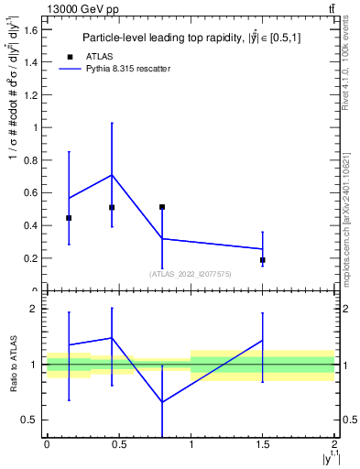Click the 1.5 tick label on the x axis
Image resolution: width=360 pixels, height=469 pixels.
(262, 445)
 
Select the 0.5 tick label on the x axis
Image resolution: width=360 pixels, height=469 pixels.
(118, 445)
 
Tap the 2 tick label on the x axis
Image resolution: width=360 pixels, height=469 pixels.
(335, 445)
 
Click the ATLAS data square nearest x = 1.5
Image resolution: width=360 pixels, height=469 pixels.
(263, 260)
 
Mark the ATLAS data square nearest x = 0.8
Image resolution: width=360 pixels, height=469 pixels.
(162, 207)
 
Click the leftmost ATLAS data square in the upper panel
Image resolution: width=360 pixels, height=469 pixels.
(69, 218)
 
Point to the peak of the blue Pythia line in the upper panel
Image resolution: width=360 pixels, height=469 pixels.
(112, 175)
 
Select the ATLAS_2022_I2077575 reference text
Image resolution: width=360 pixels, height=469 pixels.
(191, 274)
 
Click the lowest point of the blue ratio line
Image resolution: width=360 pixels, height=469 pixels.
(162, 402)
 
